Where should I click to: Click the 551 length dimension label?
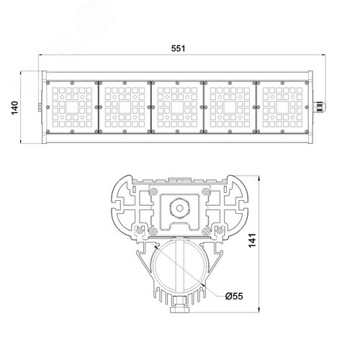pyautogui.click(x=178, y=48)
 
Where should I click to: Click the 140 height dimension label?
pyautogui.click(x=15, y=108)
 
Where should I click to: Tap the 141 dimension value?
pyautogui.click(x=252, y=240)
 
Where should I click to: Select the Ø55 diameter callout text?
pyautogui.click(x=234, y=296)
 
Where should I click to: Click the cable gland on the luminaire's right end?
pyautogui.click(x=319, y=107)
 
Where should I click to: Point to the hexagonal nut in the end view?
pyautogui.click(x=179, y=208)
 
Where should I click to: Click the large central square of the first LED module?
pyautogui.click(x=72, y=107)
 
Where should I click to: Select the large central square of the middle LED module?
pyautogui.click(x=177, y=107)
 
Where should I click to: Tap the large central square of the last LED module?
pyautogui.click(x=283, y=107)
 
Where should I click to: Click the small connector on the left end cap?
pyautogui.click(x=40, y=107)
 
